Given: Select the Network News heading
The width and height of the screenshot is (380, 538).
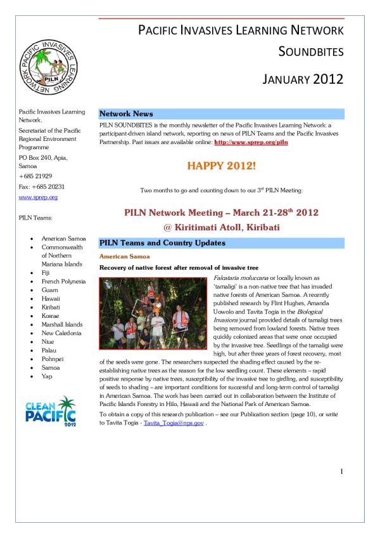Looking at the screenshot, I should pos(127,114).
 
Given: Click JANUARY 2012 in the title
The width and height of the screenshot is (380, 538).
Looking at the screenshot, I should pos(302,79).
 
